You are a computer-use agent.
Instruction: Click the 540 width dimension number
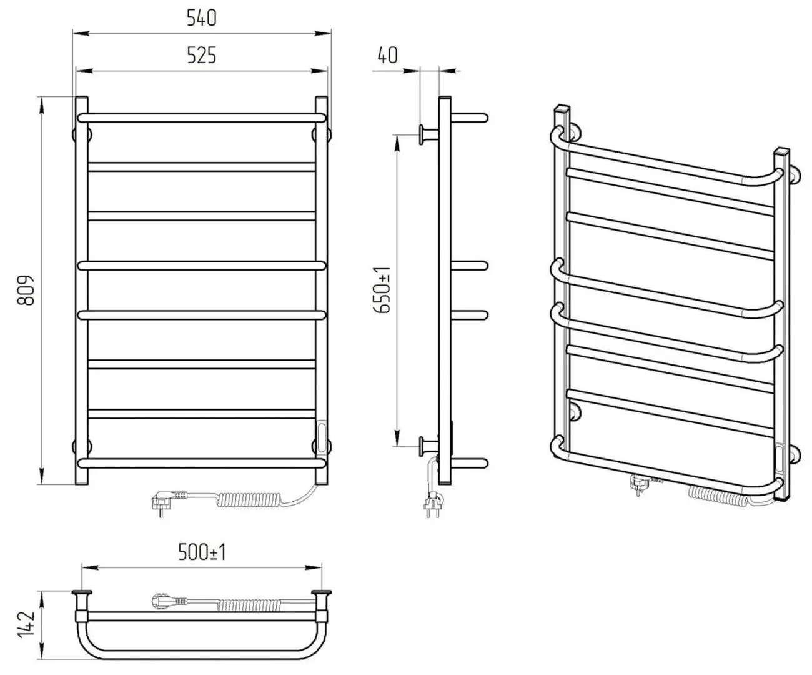[x=202, y=18]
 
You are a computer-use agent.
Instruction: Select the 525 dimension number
[x=202, y=55]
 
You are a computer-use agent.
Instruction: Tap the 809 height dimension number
[x=26, y=290]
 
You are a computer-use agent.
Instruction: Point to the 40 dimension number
[x=387, y=55]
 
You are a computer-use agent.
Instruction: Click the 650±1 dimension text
[x=382, y=290]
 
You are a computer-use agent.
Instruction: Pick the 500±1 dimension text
[x=202, y=552]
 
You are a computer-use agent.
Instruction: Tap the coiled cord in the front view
[x=248, y=499]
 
